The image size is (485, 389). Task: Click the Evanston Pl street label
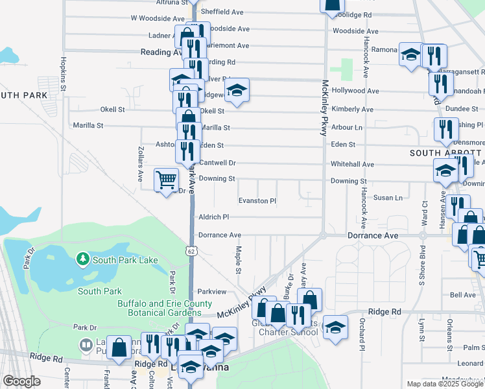click(x=257, y=201)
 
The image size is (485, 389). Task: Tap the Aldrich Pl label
click(x=214, y=217)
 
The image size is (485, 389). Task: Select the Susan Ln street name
click(x=389, y=197)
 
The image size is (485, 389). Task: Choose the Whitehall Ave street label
click(x=352, y=165)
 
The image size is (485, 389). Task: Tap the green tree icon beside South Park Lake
click(x=82, y=260)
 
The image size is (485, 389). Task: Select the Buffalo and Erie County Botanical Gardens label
click(x=165, y=308)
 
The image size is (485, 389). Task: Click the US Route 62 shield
click(x=190, y=250)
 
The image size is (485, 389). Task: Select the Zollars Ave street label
click(x=140, y=167)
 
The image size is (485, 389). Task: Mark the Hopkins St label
click(x=64, y=73)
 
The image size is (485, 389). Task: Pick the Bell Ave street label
click(x=463, y=295)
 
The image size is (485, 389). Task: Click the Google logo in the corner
click(x=21, y=381)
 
